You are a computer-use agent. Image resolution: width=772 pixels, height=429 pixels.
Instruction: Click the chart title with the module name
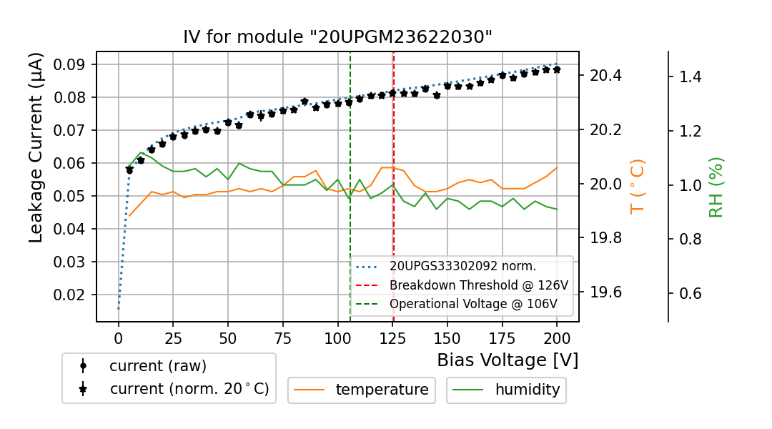[x=337, y=37]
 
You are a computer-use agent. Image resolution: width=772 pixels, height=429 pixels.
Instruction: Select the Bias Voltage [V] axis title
[x=508, y=360]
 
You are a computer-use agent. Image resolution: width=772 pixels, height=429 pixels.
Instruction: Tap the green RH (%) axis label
[x=716, y=187]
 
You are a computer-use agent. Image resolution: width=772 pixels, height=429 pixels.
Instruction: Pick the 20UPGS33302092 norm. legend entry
[x=462, y=266]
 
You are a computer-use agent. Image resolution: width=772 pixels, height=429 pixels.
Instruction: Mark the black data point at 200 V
[x=557, y=69]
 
